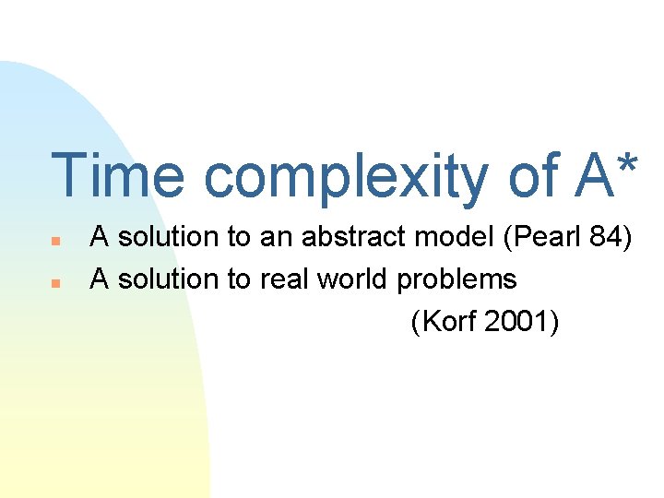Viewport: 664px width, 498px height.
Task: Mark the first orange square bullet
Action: (55, 241)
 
